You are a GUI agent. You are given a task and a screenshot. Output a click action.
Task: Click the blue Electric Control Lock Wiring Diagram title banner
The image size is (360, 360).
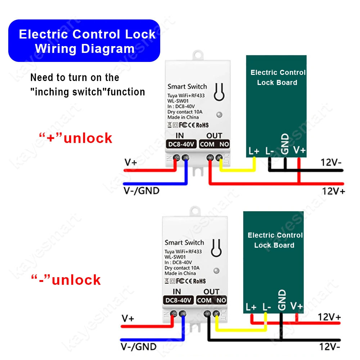click(84, 41)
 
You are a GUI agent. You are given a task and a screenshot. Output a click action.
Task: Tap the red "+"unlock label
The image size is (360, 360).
click(76, 138)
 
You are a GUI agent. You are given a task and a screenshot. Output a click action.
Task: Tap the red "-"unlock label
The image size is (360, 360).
click(66, 280)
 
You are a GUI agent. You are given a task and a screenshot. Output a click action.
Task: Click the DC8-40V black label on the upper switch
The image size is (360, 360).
click(181, 144)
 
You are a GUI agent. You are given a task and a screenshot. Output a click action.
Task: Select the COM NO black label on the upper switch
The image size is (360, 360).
click(215, 144)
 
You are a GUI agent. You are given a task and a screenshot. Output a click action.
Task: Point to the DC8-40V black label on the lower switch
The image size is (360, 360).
click(178, 300)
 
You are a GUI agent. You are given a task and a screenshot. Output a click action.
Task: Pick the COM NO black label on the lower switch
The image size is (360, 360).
click(212, 300)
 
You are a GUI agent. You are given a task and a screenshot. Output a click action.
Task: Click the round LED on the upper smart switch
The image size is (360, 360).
click(219, 114)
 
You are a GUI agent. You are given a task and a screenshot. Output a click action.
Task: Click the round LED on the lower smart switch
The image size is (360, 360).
click(216, 270)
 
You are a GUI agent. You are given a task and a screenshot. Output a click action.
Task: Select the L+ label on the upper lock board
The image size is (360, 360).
click(254, 151)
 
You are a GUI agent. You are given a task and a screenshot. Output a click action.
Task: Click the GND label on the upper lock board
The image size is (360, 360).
click(285, 144)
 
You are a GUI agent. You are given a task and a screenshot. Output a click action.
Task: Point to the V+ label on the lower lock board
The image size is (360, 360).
click(296, 306)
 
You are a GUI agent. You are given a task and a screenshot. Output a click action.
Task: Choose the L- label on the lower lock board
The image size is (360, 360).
click(266, 307)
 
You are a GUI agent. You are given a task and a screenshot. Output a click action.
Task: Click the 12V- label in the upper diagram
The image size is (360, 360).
click(331, 162)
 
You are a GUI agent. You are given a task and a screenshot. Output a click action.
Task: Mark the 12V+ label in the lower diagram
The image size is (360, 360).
click(329, 317)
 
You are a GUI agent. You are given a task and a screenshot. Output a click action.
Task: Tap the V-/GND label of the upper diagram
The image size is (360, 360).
click(141, 191)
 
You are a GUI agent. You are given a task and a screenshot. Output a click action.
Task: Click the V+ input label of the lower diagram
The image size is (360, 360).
click(128, 319)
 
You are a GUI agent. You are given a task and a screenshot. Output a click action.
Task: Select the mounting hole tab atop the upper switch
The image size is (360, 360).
click(198, 55)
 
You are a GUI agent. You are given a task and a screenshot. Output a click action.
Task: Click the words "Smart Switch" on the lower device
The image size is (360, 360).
click(184, 242)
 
